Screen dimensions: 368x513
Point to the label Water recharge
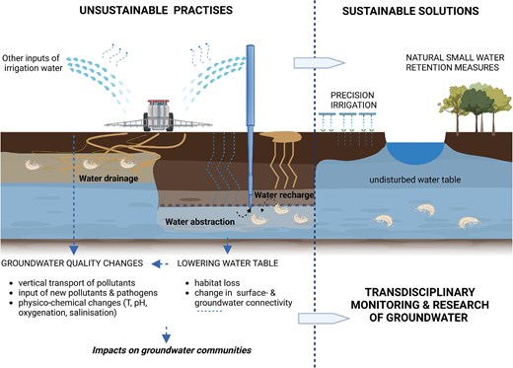287,197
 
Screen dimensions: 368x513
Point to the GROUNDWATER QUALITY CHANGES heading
71,263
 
